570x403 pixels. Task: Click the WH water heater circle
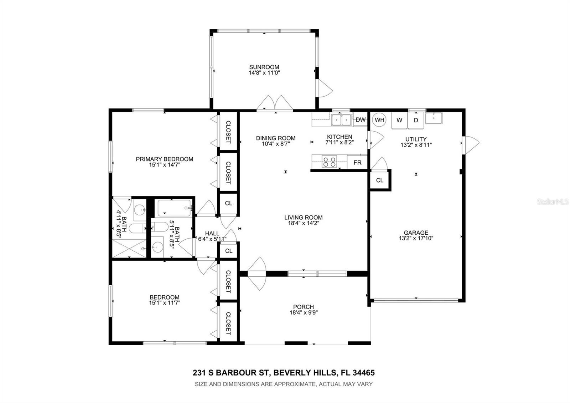[x=379, y=120]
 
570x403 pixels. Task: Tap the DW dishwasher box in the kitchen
[x=360, y=119]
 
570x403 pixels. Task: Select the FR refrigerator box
[x=357, y=163]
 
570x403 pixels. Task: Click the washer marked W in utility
[x=399, y=121]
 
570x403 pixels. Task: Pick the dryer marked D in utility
[x=416, y=121]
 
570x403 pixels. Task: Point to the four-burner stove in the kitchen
[x=329, y=162]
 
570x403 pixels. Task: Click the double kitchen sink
[x=341, y=120]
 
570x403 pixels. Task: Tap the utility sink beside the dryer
[x=434, y=118]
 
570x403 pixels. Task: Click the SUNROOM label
[x=264, y=67]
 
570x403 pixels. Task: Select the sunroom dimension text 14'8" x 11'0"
[x=264, y=73]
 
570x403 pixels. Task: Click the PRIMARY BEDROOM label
[x=164, y=159]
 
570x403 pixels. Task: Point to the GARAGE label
[x=416, y=233]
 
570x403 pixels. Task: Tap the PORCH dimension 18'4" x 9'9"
[x=304, y=312]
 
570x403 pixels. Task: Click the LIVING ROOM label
[x=303, y=218]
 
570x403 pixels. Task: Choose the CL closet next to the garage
[x=380, y=180]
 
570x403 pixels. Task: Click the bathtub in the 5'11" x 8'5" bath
[x=174, y=208]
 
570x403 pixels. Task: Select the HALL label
[x=212, y=233]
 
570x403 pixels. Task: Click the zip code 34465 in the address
[x=364, y=373]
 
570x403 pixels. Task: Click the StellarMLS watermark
[x=553, y=202]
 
